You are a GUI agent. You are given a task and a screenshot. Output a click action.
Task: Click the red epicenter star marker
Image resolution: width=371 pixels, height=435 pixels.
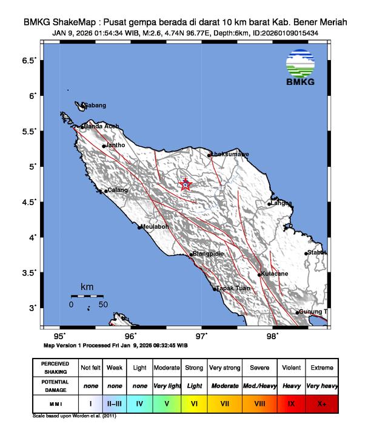tap(185, 184)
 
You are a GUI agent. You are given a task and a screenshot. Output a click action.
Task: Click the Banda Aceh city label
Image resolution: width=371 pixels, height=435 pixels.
tap(101, 126)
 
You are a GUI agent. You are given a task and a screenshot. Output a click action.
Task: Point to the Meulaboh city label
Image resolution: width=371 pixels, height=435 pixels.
tap(153, 227)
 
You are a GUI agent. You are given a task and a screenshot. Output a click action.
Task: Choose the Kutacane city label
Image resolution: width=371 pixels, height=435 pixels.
tap(274, 274)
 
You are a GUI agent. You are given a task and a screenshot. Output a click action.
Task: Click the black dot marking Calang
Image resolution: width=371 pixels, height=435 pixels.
tap(105, 192)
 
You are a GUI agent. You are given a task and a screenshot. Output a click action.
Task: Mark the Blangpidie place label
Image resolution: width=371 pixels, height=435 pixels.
tap(207, 254)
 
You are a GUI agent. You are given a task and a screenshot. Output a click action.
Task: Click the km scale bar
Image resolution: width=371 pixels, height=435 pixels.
tap(87, 295)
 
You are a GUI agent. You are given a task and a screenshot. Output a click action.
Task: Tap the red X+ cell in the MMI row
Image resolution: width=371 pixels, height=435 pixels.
tap(321, 403)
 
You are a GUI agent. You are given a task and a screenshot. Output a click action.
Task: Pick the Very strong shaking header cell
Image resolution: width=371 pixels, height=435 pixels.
tap(224, 368)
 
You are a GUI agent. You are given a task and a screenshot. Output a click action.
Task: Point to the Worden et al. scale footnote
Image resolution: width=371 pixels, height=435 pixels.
tap(73, 417)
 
